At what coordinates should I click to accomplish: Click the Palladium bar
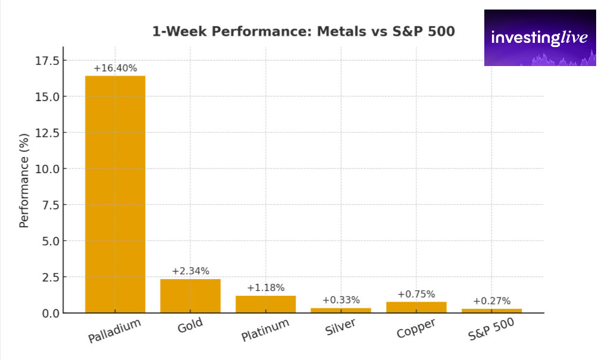(x=115, y=194)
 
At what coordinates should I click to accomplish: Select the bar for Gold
(x=190, y=296)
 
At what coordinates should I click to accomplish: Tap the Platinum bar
(x=265, y=304)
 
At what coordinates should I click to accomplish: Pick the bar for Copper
(x=416, y=307)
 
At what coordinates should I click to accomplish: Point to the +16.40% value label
(x=115, y=68)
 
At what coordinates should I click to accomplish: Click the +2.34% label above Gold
(x=190, y=271)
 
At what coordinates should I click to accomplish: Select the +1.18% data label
(x=265, y=287)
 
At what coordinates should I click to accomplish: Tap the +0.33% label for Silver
(x=341, y=300)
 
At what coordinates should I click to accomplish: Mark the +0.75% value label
(x=416, y=294)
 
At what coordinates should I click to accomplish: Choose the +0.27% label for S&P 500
(x=491, y=300)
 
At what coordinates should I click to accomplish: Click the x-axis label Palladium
(x=115, y=331)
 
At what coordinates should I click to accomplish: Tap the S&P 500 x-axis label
(x=491, y=328)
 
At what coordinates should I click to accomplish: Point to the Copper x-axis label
(x=416, y=327)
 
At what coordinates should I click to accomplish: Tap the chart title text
(x=303, y=32)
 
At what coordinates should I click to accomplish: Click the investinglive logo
(x=540, y=37)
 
